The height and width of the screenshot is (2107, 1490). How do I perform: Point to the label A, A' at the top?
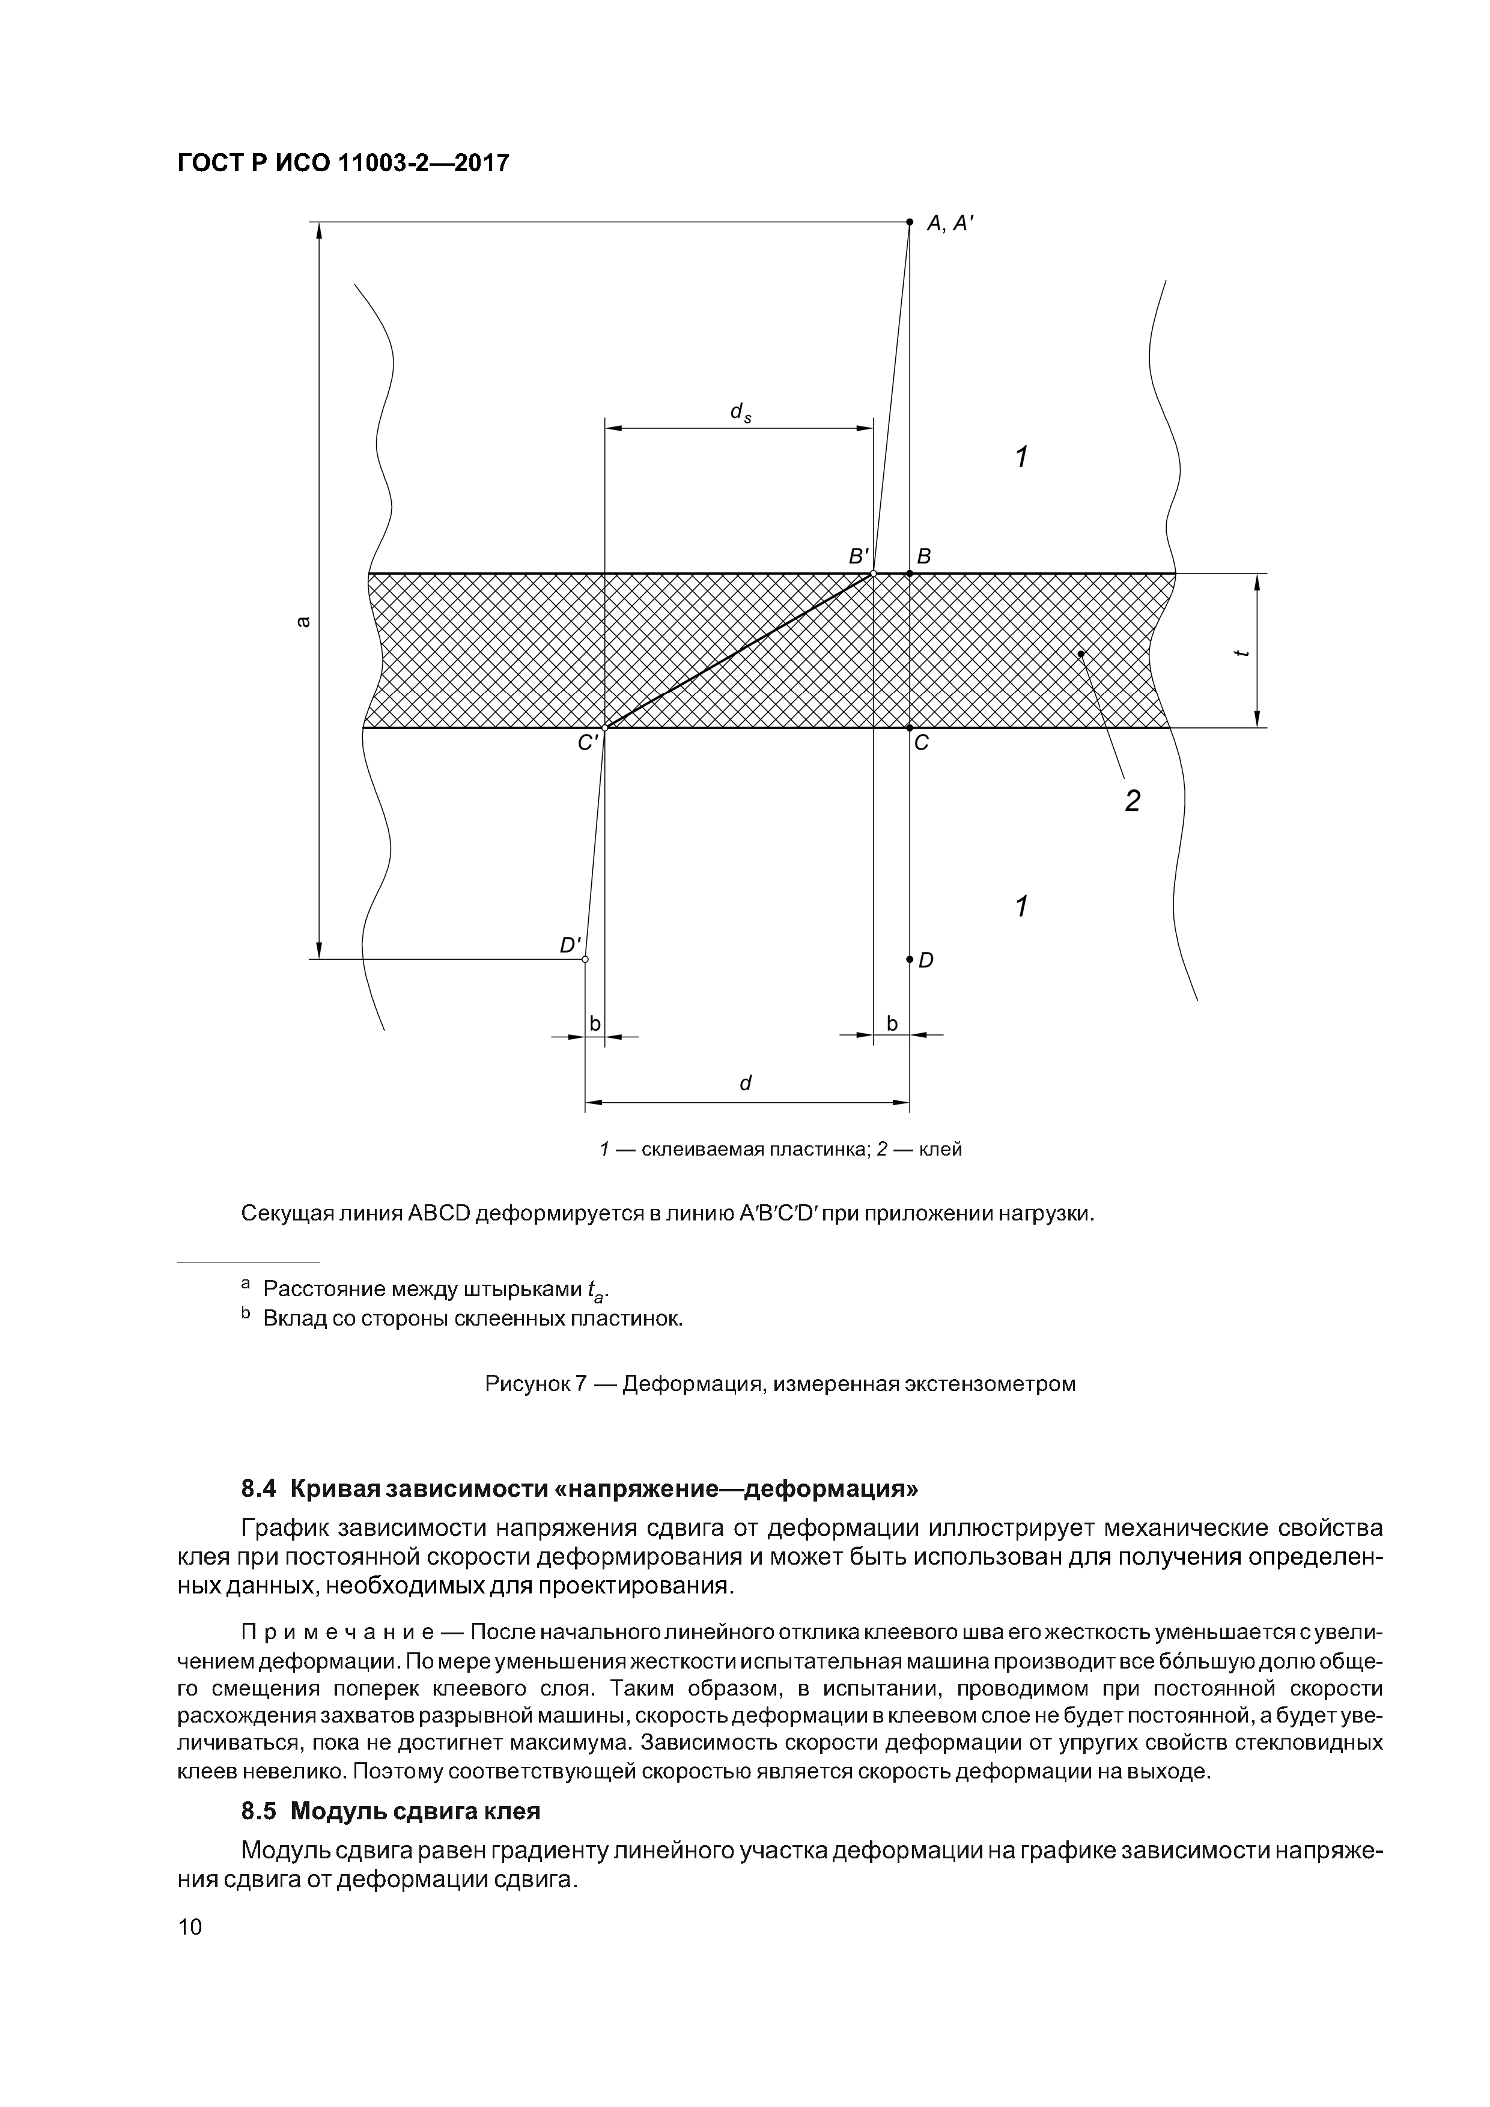[949, 223]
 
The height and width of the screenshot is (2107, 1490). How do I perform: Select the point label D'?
[571, 944]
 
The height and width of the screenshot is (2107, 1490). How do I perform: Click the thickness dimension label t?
[1241, 652]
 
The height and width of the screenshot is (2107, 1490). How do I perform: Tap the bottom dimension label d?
[746, 1083]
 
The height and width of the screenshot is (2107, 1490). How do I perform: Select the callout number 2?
[1132, 802]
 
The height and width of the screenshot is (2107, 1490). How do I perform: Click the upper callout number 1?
[1021, 456]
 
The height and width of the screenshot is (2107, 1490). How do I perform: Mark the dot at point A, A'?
[909, 222]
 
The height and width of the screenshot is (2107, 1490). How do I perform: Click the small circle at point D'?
[585, 960]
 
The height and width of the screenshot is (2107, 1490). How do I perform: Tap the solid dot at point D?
[909, 960]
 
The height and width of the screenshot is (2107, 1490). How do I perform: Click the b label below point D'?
[594, 1022]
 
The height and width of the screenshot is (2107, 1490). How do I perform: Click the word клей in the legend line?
[940, 1150]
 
